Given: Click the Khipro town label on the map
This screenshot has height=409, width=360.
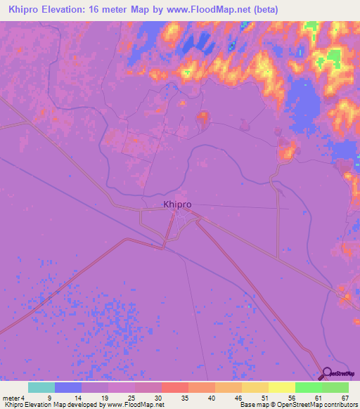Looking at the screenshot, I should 177,204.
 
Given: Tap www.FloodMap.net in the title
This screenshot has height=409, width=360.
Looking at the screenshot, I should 216,10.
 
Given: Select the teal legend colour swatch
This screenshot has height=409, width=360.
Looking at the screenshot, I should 41,387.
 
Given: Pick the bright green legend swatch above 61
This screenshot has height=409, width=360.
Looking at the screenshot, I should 308,387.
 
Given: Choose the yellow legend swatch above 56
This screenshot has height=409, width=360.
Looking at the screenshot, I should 281,387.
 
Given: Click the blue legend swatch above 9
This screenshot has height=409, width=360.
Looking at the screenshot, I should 68,387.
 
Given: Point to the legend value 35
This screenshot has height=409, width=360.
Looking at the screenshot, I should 184,398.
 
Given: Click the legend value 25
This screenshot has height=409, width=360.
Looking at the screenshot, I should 130,398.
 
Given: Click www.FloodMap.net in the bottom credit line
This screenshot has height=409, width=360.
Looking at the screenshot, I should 134,405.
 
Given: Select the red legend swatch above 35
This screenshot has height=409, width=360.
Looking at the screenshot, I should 175,387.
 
